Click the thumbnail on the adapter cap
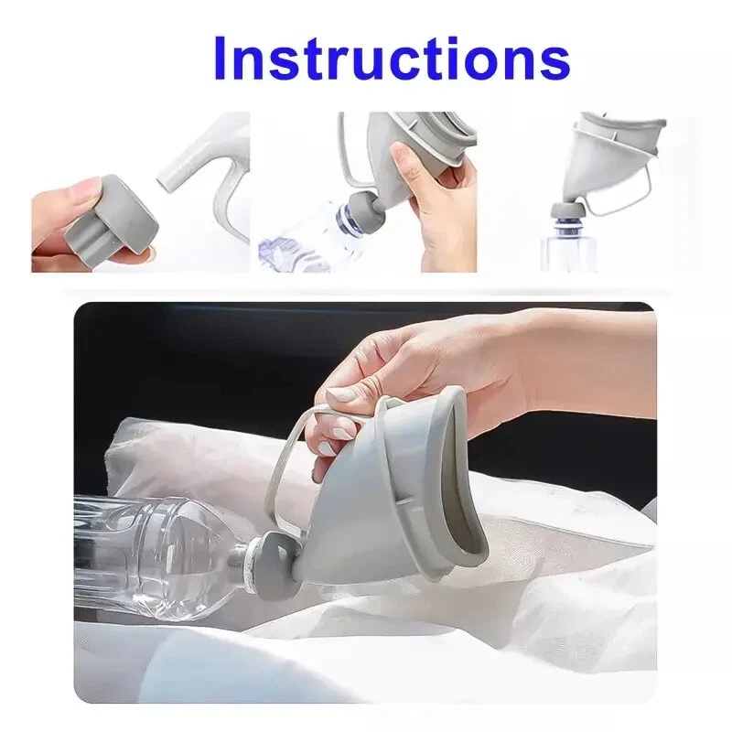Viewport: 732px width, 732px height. pyautogui.click(x=82, y=193)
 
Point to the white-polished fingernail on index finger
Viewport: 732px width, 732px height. pyautogui.click(x=342, y=395)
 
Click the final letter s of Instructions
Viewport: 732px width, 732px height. pyautogui.click(x=550, y=60)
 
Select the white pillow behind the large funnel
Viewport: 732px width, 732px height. pyautogui.click(x=183, y=457)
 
